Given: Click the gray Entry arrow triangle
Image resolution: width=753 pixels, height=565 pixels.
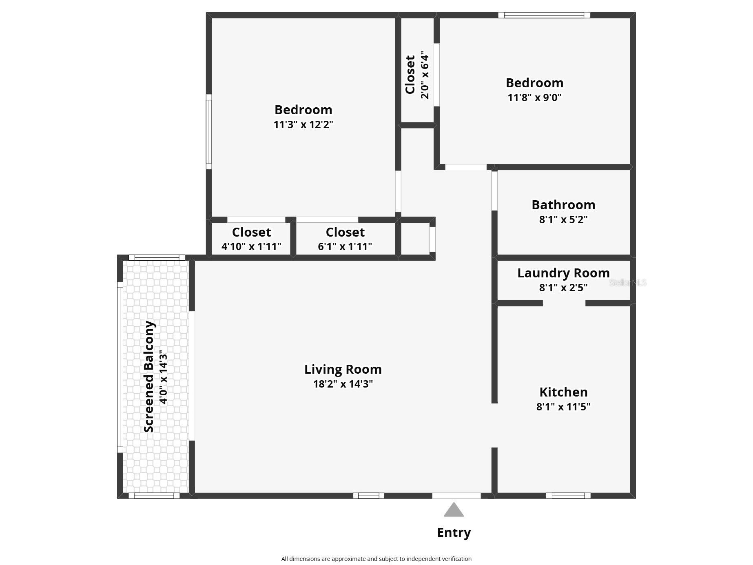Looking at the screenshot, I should point(454,510).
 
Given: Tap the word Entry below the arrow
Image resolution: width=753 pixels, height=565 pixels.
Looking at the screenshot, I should point(454,532).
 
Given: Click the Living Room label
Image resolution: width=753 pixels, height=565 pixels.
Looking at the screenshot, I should point(343,369).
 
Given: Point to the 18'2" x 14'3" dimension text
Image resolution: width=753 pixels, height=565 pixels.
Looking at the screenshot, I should point(343,384).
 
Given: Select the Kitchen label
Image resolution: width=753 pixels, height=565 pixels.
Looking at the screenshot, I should point(563,392).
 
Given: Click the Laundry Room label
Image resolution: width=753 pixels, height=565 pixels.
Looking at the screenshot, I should point(563,273).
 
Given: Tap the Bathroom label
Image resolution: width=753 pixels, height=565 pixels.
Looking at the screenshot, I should point(563,205).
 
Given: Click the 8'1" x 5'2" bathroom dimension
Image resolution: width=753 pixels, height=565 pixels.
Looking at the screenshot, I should point(563,219).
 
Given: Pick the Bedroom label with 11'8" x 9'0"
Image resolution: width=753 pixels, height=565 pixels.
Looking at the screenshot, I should point(534,83).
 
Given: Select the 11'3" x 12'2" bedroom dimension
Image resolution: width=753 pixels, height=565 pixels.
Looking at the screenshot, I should point(303,124).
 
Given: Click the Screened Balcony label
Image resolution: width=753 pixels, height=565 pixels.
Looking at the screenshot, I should point(149,376).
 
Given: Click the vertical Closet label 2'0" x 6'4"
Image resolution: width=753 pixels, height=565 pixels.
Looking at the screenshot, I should point(410,74).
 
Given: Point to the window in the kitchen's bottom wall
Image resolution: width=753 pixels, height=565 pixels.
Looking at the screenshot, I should point(568,496).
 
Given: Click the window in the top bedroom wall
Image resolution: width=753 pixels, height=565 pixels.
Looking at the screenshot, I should point(544,16).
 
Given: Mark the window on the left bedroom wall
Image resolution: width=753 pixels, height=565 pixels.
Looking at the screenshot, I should point(209,131).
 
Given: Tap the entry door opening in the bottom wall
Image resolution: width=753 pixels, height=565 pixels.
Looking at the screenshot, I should point(456,496).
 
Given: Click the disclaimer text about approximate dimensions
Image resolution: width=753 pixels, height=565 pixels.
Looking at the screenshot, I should point(376,559).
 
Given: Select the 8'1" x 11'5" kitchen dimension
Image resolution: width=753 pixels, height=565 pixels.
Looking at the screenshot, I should point(563,407).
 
